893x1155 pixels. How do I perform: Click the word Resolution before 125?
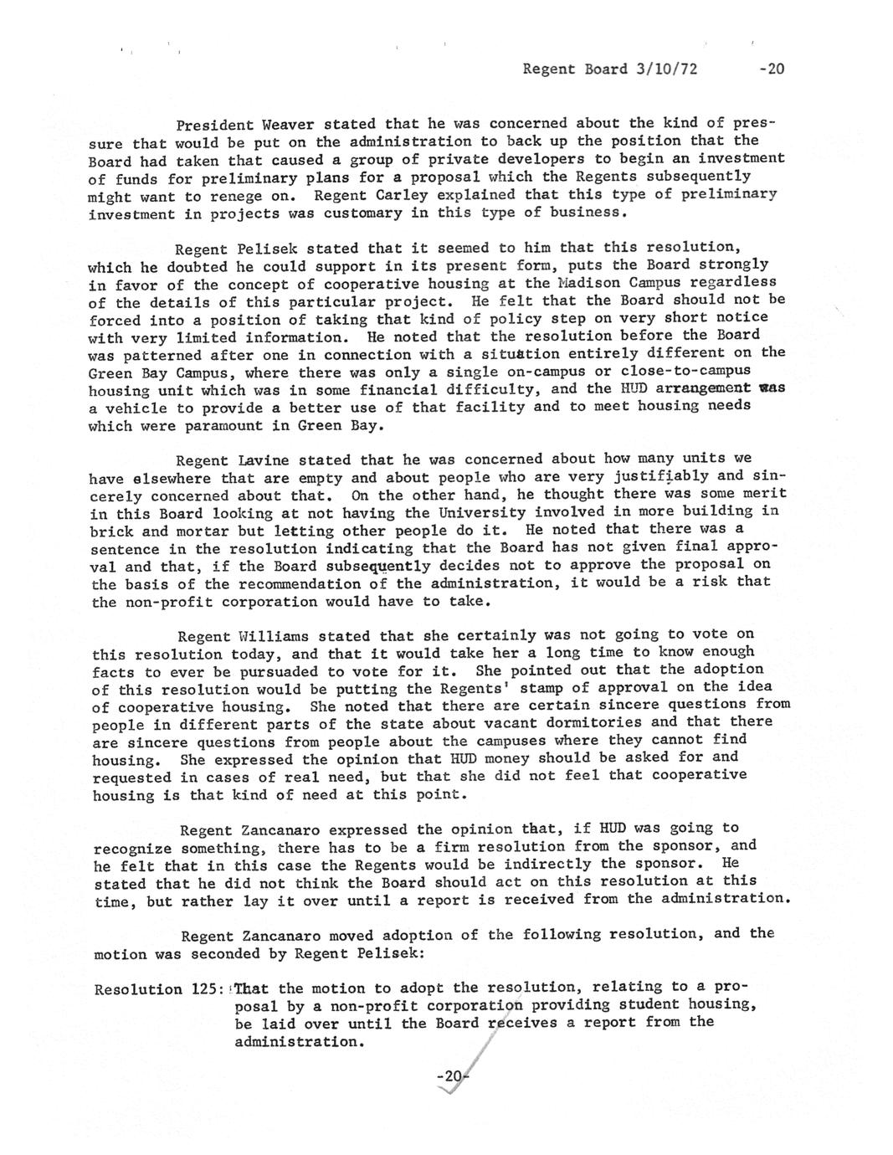138,989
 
